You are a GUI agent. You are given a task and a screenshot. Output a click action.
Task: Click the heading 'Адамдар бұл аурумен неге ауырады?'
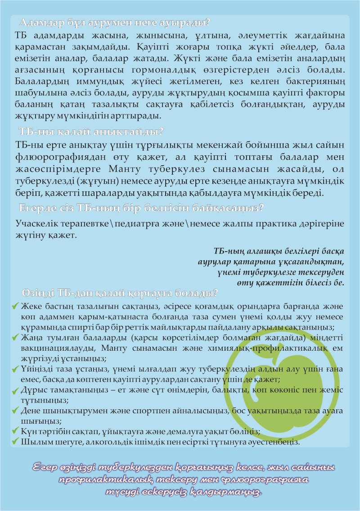(116, 22)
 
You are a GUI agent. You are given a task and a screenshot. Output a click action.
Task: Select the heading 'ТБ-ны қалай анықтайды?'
(90, 132)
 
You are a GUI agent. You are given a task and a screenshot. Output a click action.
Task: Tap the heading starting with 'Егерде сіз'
(141, 208)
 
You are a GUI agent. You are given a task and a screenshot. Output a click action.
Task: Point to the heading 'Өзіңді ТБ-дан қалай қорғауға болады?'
(119, 292)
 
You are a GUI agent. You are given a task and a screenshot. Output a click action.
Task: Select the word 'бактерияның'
(314, 81)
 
